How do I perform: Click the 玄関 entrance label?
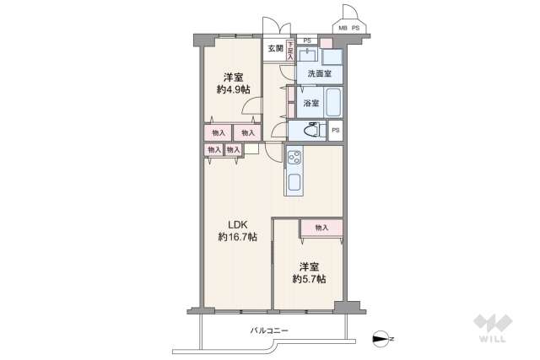tap(276, 49)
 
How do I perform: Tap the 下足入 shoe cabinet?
tap(290, 50)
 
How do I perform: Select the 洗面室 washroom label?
tap(319, 74)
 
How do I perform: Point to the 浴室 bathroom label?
tap(310, 104)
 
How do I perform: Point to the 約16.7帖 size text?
tap(235, 238)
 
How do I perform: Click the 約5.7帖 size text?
tap(309, 278)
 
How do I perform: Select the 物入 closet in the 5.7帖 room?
tap(321, 228)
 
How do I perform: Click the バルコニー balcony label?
tap(269, 330)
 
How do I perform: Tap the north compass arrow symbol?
tap(381, 340)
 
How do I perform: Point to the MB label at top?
tap(343, 29)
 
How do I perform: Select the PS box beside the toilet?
tap(336, 131)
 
